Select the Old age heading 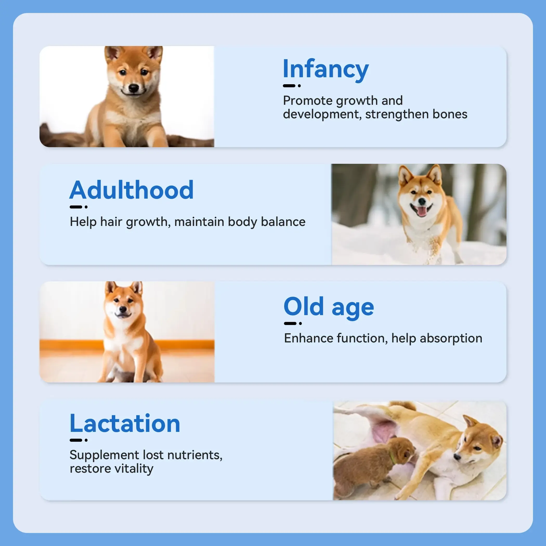[329, 308]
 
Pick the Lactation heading [125, 423]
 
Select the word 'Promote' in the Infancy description [308, 101]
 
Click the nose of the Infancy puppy [133, 88]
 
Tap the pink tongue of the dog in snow [422, 211]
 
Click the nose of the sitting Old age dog [122, 309]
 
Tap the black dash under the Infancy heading [289, 86]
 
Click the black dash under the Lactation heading [76, 440]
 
